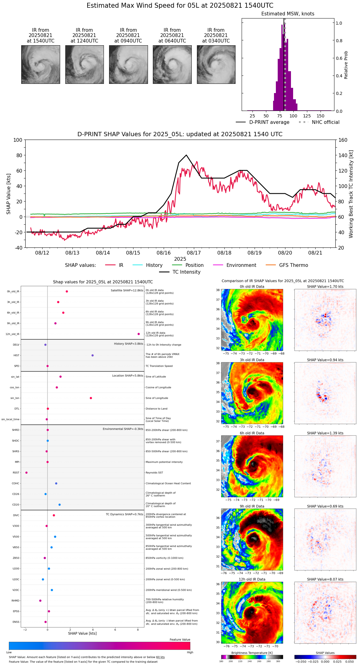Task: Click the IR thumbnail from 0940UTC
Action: pyautogui.click(x=128, y=64)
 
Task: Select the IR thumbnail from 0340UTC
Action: pyautogui.click(x=216, y=64)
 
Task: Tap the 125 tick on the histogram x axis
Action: pyautogui.click(x=307, y=116)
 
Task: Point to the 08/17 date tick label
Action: pyautogui.click(x=194, y=253)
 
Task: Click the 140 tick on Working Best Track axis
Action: pyautogui.click(x=343, y=155)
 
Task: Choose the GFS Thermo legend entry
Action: pyautogui.click(x=293, y=265)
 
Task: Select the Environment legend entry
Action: pyautogui.click(x=241, y=265)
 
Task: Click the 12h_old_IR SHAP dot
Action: pyautogui.click(x=139, y=334)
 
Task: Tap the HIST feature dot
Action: pyautogui.click(x=92, y=355)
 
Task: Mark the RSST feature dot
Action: pyautogui.click(x=27, y=472)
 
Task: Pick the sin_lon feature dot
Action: pyautogui.click(x=91, y=398)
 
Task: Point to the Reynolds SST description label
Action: pyautogui.click(x=154, y=472)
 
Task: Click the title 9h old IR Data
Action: pyautogui.click(x=252, y=506)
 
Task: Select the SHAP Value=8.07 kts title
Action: pyautogui.click(x=325, y=579)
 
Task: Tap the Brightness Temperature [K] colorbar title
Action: pyautogui.click(x=252, y=653)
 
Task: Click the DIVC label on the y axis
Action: pyautogui.click(x=16, y=515)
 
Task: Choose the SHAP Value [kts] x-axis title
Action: pyautogui.click(x=82, y=633)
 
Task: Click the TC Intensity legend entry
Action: pyautogui.click(x=186, y=272)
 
